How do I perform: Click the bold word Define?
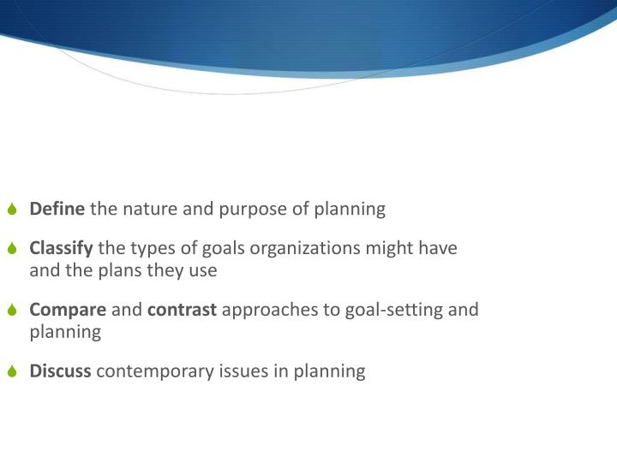point(57,209)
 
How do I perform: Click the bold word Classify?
point(62,249)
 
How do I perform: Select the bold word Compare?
point(69,310)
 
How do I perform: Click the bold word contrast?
point(183,310)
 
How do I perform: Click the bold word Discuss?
point(61,371)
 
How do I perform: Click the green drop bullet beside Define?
point(12,210)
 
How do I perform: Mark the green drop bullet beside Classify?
point(12,250)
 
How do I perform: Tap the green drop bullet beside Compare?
point(12,311)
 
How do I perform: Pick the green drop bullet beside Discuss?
point(12,372)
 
